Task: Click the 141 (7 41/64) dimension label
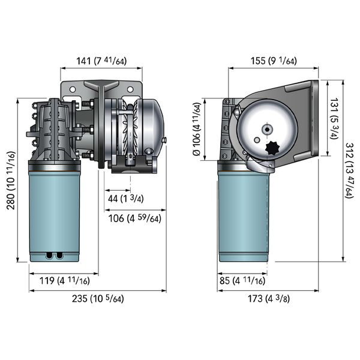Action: pyautogui.click(x=101, y=61)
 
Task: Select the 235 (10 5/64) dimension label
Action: pyautogui.click(x=97, y=298)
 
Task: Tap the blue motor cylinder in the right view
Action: pyautogui.click(x=242, y=216)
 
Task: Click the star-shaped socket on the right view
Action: pyautogui.click(x=271, y=147)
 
